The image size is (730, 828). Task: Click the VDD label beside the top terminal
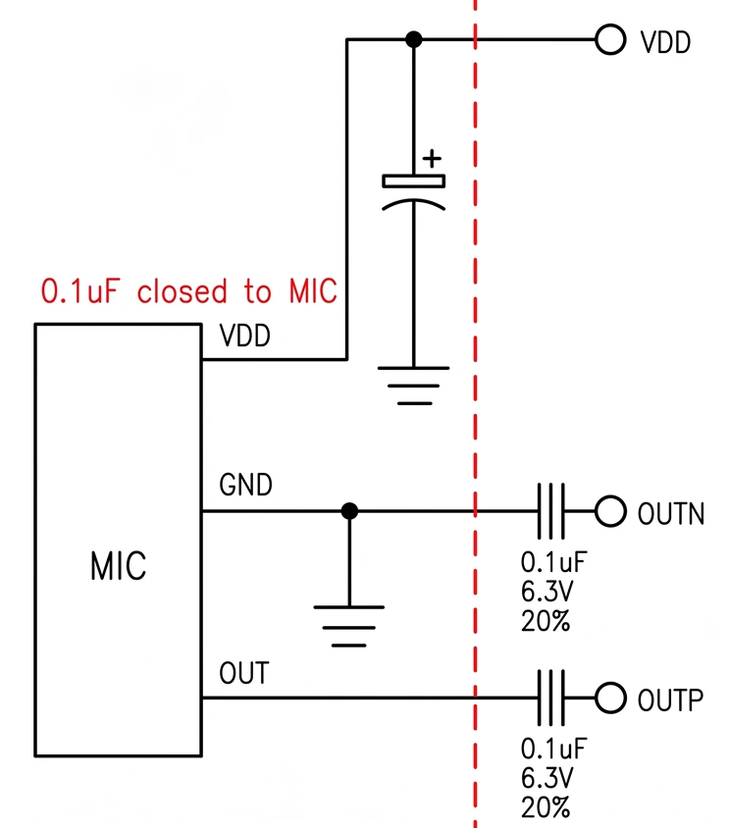click(x=665, y=42)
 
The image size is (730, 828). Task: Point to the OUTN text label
click(x=671, y=514)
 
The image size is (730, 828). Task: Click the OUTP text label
click(x=670, y=700)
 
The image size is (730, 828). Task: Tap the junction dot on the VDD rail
click(x=414, y=39)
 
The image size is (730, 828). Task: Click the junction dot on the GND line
click(x=349, y=511)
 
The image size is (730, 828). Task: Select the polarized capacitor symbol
click(x=414, y=192)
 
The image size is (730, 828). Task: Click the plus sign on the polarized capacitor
click(x=432, y=158)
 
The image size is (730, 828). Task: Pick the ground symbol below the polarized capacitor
click(x=414, y=386)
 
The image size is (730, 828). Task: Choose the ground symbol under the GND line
click(x=349, y=626)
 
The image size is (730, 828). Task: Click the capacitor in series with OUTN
click(x=550, y=511)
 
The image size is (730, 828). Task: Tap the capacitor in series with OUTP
click(x=550, y=699)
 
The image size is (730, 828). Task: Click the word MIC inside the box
click(x=119, y=567)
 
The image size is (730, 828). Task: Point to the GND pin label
click(x=245, y=485)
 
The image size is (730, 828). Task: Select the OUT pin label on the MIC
click(x=244, y=673)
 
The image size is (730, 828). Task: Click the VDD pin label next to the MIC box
click(x=245, y=336)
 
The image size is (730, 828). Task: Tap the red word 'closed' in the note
click(x=182, y=291)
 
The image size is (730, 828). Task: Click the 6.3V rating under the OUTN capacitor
click(x=547, y=592)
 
